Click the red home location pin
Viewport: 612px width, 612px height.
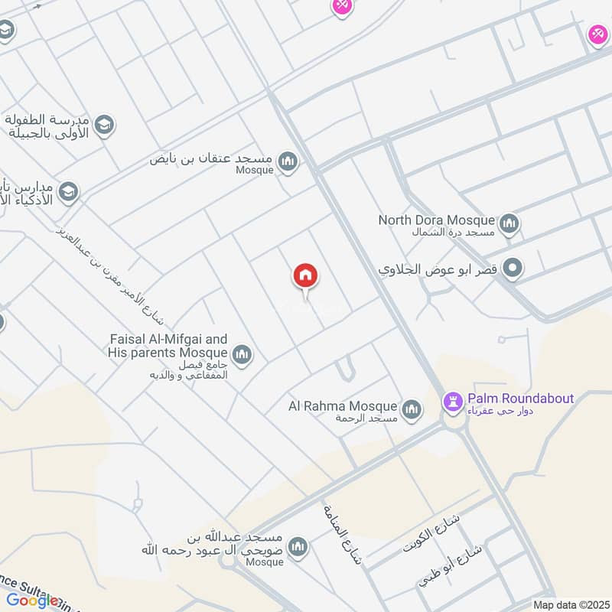pos(305,276)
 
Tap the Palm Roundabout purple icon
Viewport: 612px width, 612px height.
pos(453,402)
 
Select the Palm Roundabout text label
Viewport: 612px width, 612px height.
pos(520,399)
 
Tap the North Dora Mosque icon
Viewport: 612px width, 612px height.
pos(509,224)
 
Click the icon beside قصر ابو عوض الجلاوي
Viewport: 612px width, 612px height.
pos(515,269)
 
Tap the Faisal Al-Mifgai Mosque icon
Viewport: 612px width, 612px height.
pos(243,355)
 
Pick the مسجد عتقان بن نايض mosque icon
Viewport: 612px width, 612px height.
pos(288,161)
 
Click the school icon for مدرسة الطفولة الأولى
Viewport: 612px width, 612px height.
pos(104,124)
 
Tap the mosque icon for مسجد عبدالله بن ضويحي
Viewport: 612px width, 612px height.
pos(298,547)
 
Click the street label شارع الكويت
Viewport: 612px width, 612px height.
pos(434,535)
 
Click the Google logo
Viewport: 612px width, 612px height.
pos(31,601)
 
